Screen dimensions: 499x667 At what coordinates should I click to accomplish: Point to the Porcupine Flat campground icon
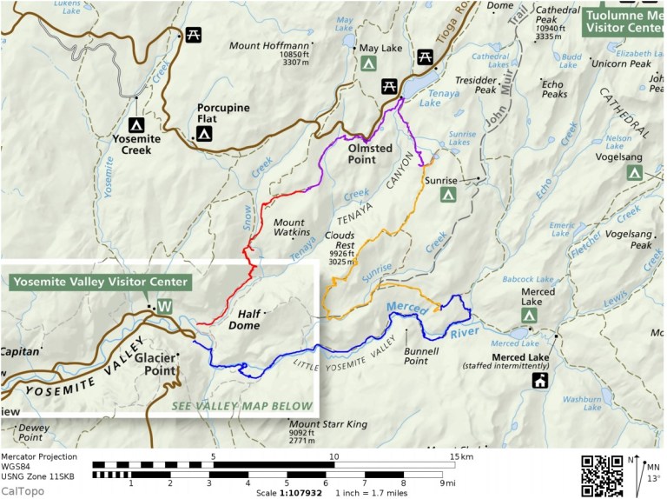(x=204, y=133)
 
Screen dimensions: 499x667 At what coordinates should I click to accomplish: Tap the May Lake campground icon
(x=368, y=65)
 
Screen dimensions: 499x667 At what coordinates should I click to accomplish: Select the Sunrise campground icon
(x=449, y=196)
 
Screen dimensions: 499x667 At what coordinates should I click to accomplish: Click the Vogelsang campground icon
(x=635, y=173)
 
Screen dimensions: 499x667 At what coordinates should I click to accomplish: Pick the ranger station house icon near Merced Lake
(x=540, y=380)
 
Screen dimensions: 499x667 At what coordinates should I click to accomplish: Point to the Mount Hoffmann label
(x=267, y=46)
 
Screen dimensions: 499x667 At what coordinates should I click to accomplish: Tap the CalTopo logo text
(x=23, y=491)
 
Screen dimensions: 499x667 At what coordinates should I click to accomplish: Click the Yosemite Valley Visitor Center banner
(x=99, y=283)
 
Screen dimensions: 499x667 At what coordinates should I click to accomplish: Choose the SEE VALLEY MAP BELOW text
(x=241, y=406)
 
